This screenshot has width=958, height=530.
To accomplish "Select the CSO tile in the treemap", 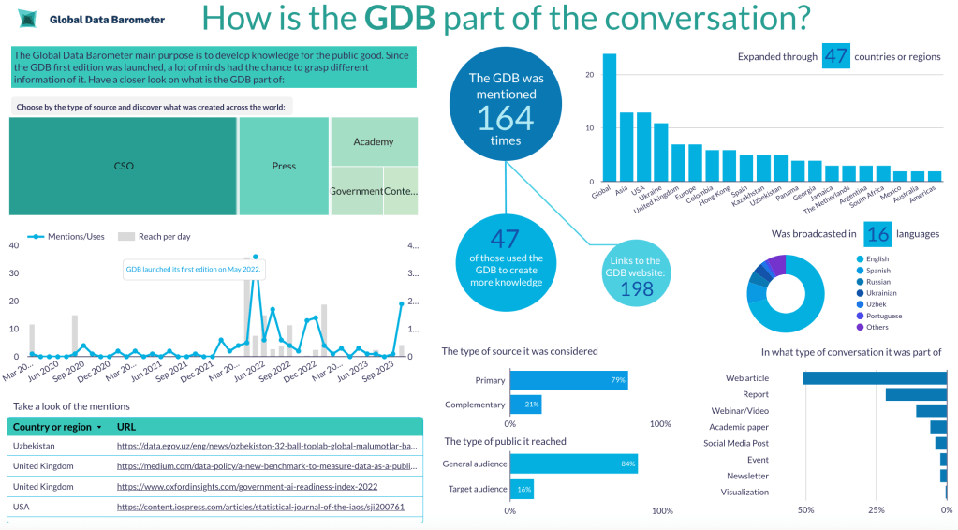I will click(x=123, y=166).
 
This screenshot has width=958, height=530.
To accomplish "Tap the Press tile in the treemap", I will click(x=284, y=166).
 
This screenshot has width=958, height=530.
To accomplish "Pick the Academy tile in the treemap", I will click(x=374, y=141).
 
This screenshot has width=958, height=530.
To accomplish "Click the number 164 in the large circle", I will click(x=505, y=118).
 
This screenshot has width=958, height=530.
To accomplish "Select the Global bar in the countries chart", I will click(x=610, y=117).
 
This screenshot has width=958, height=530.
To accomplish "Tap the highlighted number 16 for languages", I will click(x=877, y=233).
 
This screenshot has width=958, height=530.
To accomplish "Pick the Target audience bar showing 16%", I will click(x=522, y=489).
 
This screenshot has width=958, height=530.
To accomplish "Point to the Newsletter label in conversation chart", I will click(x=747, y=476).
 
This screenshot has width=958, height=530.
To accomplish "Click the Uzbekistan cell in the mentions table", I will click(x=34, y=446).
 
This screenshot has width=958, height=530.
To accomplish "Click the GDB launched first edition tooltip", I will click(x=194, y=270).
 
